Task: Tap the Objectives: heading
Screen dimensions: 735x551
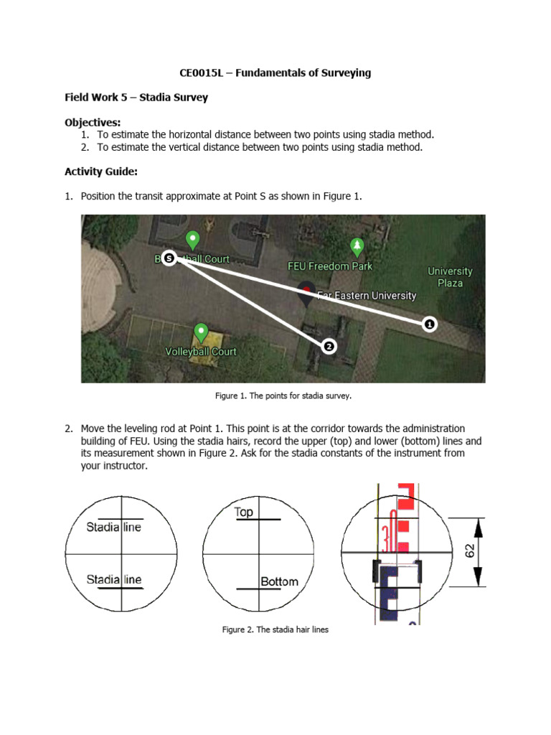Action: click(x=93, y=122)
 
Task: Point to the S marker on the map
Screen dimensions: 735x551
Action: click(x=169, y=258)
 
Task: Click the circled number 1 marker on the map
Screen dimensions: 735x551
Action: click(x=429, y=324)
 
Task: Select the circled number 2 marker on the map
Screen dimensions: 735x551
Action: click(x=329, y=347)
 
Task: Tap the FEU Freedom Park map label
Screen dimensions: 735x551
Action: click(x=330, y=266)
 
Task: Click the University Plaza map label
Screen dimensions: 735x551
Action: click(x=450, y=277)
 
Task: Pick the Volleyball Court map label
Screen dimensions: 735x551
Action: click(x=201, y=352)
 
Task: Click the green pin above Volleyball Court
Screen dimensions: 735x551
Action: click(x=202, y=333)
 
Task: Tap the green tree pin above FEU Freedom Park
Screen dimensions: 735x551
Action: click(x=357, y=247)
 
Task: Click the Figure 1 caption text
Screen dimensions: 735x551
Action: click(x=283, y=395)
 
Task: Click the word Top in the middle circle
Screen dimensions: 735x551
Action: click(x=244, y=512)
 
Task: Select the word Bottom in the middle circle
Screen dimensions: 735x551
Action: click(x=279, y=581)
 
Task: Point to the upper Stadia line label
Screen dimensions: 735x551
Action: click(x=114, y=527)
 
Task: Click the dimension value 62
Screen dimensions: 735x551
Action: click(x=470, y=551)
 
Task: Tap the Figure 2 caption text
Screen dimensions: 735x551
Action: click(x=275, y=629)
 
